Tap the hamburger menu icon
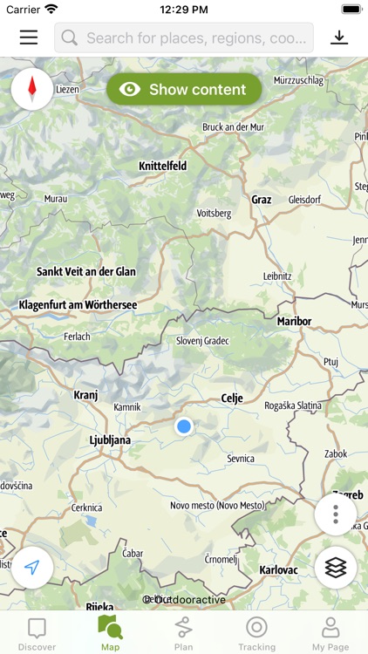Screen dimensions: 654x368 point(29,37)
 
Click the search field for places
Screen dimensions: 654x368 point(184,37)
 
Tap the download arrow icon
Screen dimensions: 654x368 point(338,37)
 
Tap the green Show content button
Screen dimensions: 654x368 point(184,89)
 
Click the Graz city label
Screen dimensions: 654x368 point(262,200)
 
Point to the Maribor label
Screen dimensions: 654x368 point(294,321)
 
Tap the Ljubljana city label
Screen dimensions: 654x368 point(110,440)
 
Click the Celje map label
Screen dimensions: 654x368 point(231,399)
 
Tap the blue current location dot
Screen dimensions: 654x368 point(183,426)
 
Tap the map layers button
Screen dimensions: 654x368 point(336,567)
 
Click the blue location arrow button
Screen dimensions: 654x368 point(32,568)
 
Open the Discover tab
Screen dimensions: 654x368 point(37,633)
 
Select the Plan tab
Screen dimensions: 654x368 point(183,633)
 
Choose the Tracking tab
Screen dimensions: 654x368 point(256,633)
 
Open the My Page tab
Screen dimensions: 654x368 point(330,633)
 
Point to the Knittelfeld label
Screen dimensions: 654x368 point(163,166)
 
